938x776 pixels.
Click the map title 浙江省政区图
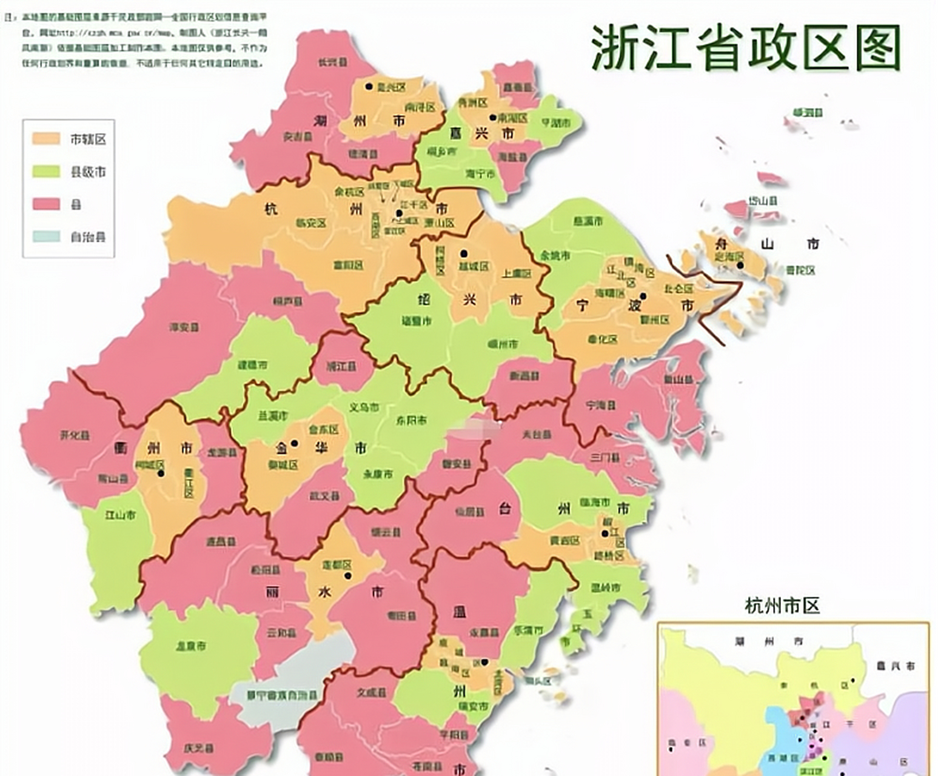[x=745, y=47]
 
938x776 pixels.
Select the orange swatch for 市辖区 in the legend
[x=46, y=139]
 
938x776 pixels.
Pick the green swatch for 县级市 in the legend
[x=46, y=172]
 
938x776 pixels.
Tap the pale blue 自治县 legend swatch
[x=46, y=236]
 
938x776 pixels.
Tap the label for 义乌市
[x=364, y=407]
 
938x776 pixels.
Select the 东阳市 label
[x=411, y=420]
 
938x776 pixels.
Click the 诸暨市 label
[x=417, y=321]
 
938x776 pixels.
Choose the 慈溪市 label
[x=588, y=222]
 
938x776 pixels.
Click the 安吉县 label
[x=297, y=137]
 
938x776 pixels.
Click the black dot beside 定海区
[x=740, y=265]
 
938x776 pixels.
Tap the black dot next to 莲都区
[x=347, y=575]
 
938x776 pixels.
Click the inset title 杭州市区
[x=782, y=605]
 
